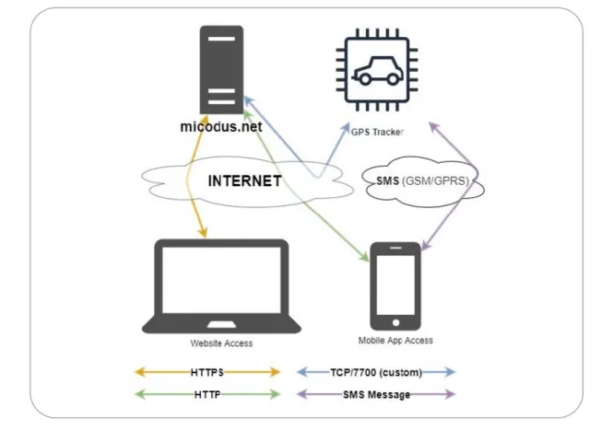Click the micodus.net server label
click(x=221, y=126)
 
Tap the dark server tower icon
click(x=221, y=70)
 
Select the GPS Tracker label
click(x=377, y=132)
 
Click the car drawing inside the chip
click(x=377, y=71)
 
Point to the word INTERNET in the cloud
click(x=244, y=180)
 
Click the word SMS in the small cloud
click(x=387, y=180)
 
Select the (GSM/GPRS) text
click(x=435, y=180)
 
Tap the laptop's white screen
click(x=221, y=280)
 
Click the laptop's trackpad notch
click(x=221, y=324)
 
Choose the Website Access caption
click(x=221, y=343)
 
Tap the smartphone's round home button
click(x=395, y=323)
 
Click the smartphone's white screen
click(x=395, y=285)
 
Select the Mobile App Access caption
click(x=395, y=341)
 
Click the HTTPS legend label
click(x=207, y=372)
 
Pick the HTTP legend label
click(x=207, y=394)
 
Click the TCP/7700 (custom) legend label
click(x=376, y=372)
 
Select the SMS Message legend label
click(x=376, y=394)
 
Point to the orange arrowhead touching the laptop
click(x=203, y=232)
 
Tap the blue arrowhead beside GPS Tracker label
click(x=346, y=128)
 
